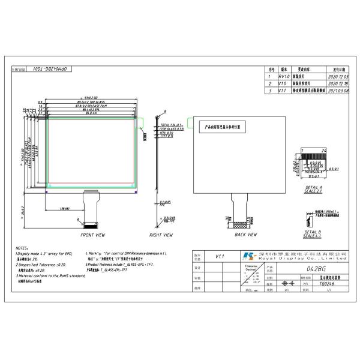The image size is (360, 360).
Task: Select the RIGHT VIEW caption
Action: (161, 235)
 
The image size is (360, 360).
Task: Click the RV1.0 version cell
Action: (285, 77)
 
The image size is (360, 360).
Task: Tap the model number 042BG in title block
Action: (316, 269)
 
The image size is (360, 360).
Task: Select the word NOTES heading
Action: (22, 247)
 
